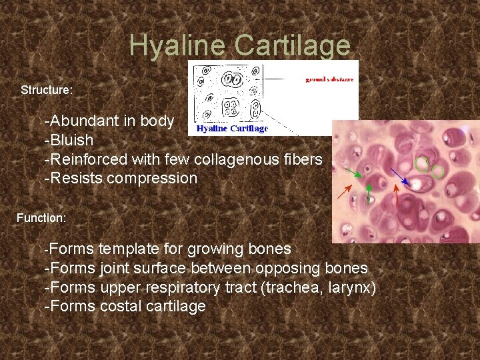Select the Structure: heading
47,89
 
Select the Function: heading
41,218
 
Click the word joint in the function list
117,269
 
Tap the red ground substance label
329,79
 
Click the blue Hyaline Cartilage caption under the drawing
232,129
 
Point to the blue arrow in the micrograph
400,177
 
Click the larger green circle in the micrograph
421,163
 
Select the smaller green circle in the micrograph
437,171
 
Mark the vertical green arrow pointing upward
369,194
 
